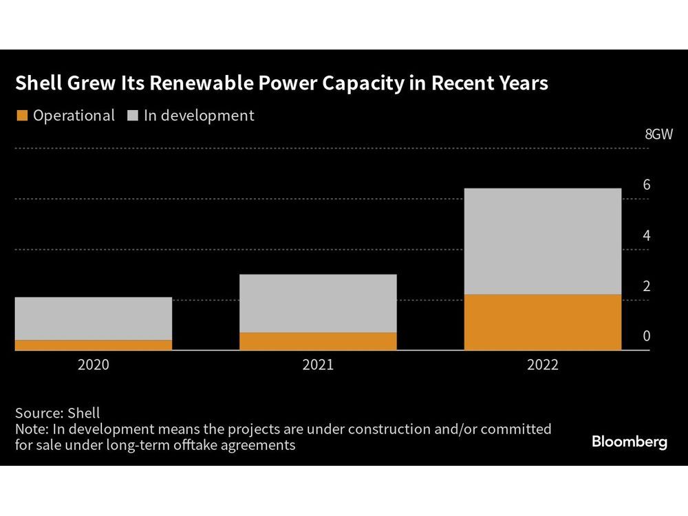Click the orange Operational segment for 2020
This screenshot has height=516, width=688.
coord(93,345)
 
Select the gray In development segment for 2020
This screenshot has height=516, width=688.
coord(93,319)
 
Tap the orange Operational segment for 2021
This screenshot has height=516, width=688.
coord(318,341)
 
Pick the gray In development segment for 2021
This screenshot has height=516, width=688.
coord(318,303)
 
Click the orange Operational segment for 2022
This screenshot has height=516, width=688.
coord(543,322)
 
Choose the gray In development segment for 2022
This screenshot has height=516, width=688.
coord(543,241)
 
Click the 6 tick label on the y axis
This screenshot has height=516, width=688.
coord(647,184)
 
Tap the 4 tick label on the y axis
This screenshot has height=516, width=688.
coord(647,235)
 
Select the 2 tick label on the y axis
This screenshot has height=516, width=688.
coord(647,286)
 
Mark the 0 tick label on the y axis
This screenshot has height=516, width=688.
coord(647,336)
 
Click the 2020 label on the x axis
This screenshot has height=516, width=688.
coord(93,365)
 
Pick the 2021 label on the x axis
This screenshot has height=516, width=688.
coord(318,365)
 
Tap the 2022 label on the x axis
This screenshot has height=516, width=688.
coord(543,365)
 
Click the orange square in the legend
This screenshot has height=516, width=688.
coord(22,116)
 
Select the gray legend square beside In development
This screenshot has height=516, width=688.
coord(132,116)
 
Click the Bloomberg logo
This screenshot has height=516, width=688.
coord(629,442)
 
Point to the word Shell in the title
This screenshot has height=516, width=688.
coord(38,84)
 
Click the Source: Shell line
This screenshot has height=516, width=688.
coord(57,413)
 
